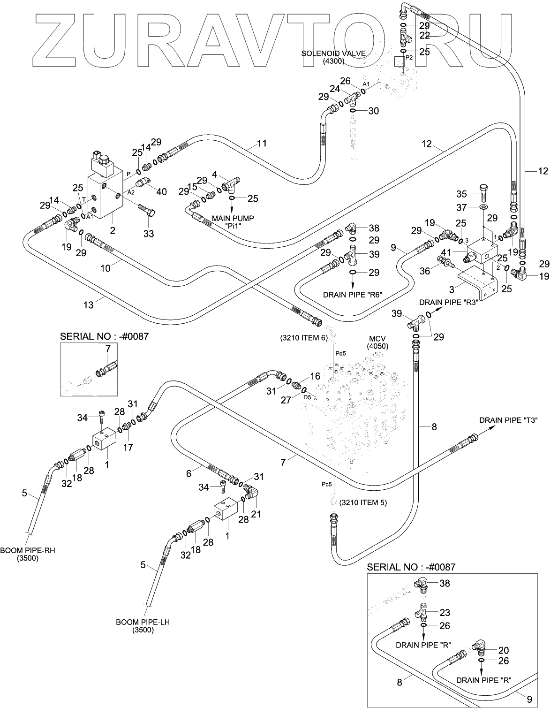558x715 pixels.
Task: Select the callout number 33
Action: pyautogui.click(x=148, y=233)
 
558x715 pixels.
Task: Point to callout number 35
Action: pyautogui.click(x=462, y=194)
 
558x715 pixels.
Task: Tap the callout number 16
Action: pyautogui.click(x=315, y=376)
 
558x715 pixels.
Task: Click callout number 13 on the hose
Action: pyautogui.click(x=88, y=305)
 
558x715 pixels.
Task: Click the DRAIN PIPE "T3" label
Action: pyautogui.click(x=508, y=420)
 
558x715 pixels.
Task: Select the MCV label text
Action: pyautogui.click(x=377, y=339)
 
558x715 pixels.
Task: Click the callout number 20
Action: pyautogui.click(x=504, y=650)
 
